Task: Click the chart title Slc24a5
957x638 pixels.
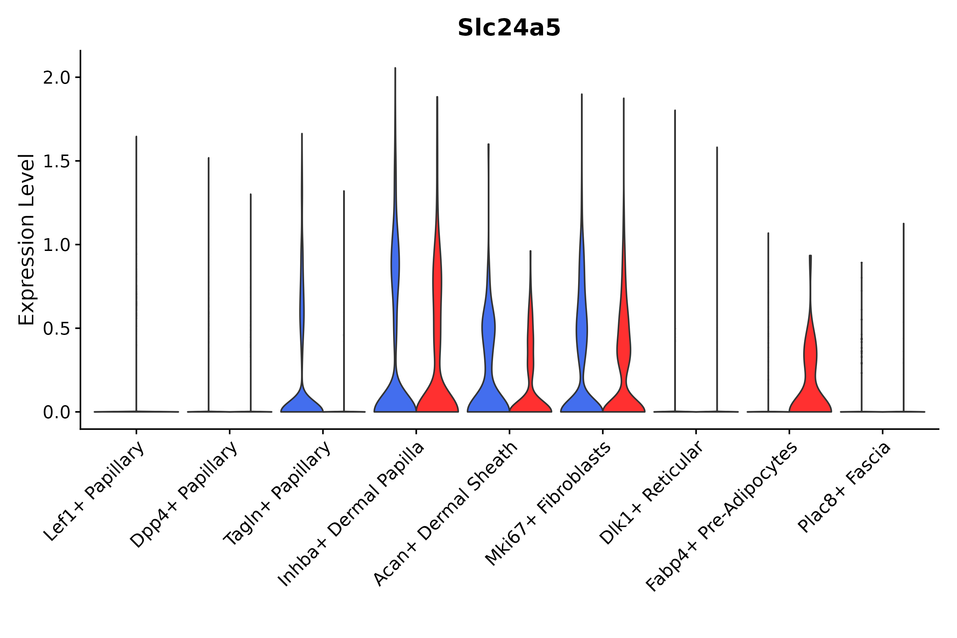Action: [509, 28]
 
